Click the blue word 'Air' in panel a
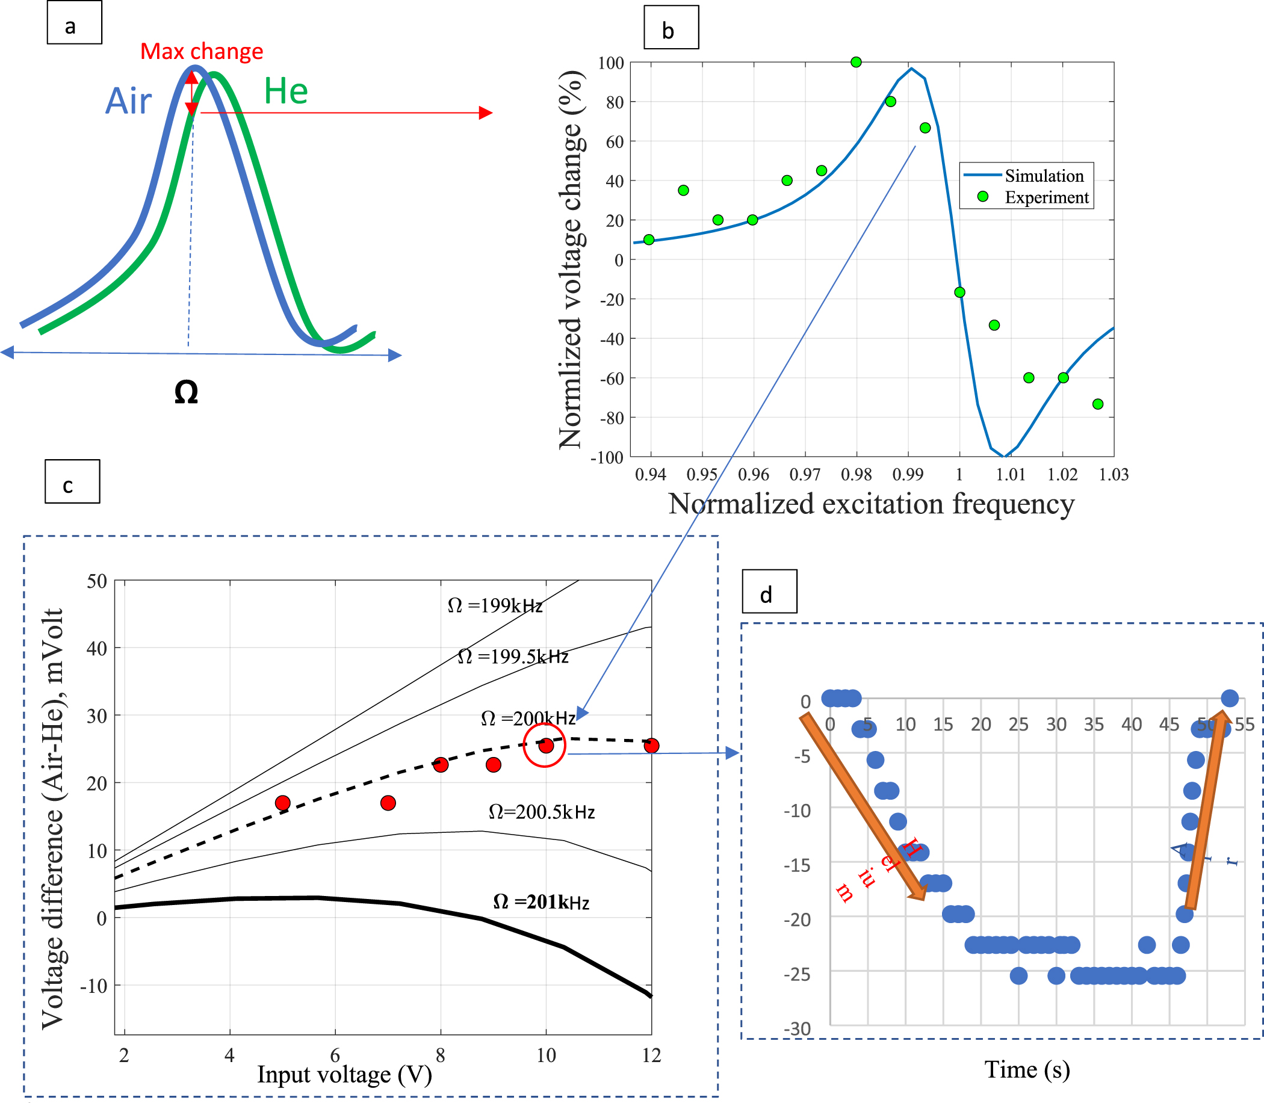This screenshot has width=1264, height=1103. tap(128, 101)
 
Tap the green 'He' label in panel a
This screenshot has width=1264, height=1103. tap(286, 91)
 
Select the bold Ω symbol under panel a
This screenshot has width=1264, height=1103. tap(186, 392)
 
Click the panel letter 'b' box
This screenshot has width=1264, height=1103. tap(671, 27)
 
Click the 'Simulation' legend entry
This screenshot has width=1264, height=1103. tap(1044, 176)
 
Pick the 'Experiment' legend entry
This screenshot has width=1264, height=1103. tap(1046, 197)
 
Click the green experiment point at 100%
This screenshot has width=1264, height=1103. tap(856, 62)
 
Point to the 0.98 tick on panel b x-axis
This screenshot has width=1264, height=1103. tap(856, 475)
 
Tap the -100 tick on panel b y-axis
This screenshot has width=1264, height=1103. tap(607, 457)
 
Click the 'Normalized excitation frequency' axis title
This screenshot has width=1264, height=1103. tap(871, 504)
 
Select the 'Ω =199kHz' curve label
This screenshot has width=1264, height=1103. tap(494, 607)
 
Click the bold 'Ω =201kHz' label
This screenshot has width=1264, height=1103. tap(541, 903)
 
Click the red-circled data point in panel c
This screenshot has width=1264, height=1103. tap(545, 746)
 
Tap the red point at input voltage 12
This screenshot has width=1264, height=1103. tap(651, 746)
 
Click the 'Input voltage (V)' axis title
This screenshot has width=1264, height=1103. tap(344, 1074)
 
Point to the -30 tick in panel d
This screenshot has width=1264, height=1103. tap(798, 1028)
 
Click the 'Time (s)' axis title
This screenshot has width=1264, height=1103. tap(1027, 1069)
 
